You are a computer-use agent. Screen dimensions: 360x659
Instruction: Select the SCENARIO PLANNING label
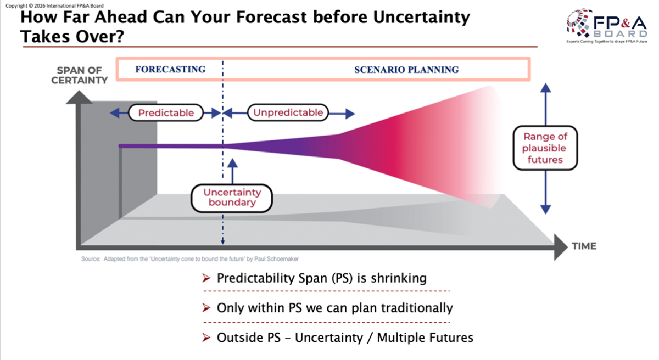pos(406,70)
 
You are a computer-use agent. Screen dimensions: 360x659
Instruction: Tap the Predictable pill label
pos(166,113)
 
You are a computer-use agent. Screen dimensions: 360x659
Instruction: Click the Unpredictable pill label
pos(288,113)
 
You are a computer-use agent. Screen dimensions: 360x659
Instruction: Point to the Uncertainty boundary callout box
pos(233,198)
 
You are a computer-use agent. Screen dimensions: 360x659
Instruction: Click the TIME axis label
pos(583,246)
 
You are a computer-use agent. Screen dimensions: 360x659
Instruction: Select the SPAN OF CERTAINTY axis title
pos(79,75)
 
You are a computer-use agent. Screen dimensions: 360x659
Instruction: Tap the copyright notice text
pos(54,5)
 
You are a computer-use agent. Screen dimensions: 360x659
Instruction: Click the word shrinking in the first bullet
pos(398,278)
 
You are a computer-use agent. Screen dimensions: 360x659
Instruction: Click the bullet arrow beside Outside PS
pos(206,338)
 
